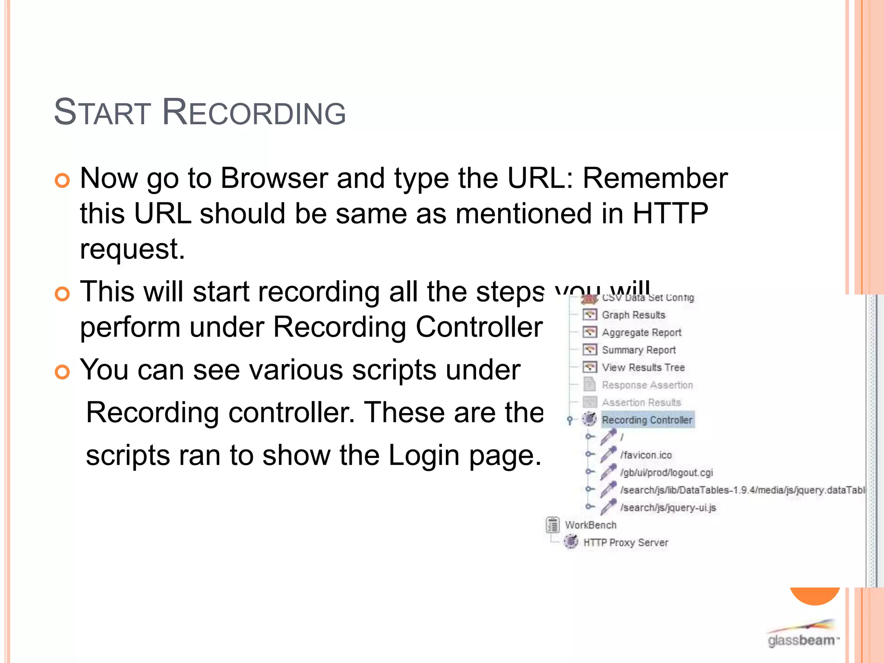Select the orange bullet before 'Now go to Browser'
[x=63, y=180]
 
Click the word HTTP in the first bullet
[x=670, y=214]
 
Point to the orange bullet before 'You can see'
[x=63, y=372]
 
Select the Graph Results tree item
[x=633, y=315]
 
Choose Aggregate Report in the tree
[x=641, y=333]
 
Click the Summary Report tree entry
[x=638, y=350]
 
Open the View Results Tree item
[x=643, y=368]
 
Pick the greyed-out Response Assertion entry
[x=647, y=385]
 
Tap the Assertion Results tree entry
[x=641, y=403]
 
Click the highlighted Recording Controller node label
[x=647, y=420]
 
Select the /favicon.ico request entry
[x=646, y=455]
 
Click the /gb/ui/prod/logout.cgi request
[x=666, y=473]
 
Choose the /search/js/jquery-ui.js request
[x=668, y=508]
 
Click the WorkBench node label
[x=590, y=525]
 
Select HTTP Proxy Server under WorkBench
[x=625, y=543]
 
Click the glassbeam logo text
[x=801, y=640]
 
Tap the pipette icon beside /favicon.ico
[x=608, y=454]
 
